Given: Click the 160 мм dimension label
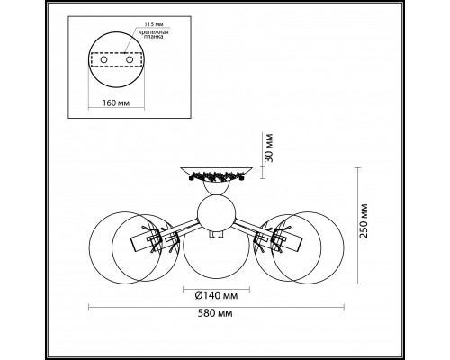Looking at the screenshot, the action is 116,103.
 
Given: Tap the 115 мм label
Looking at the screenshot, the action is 154,24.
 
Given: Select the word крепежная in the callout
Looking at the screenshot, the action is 153,32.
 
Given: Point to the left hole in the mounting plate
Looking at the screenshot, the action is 103,60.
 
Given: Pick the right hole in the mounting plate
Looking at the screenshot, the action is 130,60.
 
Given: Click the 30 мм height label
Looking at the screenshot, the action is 269,148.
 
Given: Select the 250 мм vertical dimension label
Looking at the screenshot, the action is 364,221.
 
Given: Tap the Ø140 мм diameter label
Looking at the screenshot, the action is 216,296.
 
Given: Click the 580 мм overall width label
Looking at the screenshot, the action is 215,313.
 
